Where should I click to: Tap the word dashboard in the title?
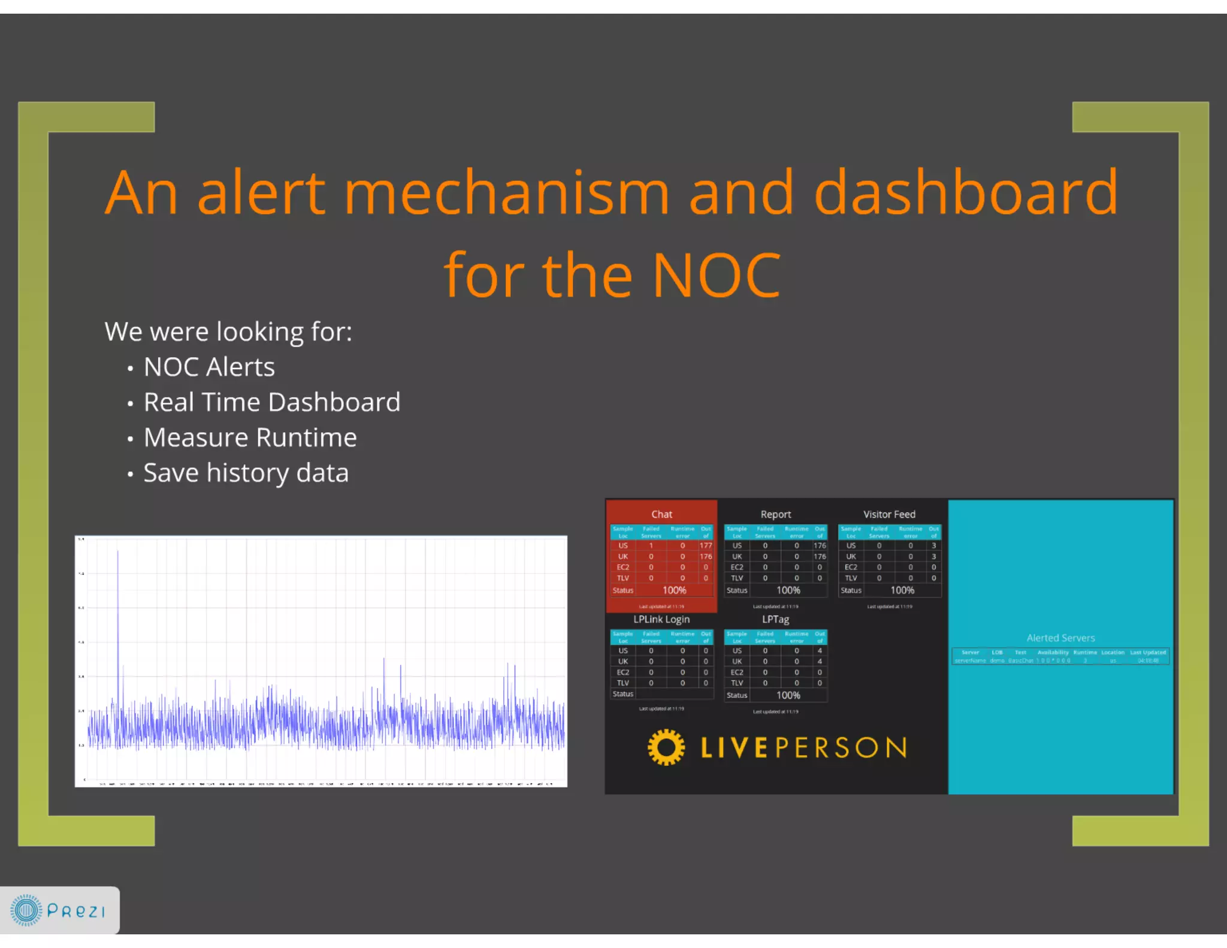(965, 193)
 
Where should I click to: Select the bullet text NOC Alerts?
(209, 367)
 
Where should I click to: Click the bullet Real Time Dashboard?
(271, 402)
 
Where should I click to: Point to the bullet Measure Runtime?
(250, 437)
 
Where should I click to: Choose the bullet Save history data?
(246, 473)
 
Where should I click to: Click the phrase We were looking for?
(228, 331)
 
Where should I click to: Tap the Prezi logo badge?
(59, 910)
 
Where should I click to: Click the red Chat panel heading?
(661, 514)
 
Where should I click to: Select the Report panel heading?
(775, 514)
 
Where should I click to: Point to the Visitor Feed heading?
(889, 514)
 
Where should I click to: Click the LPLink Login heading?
(661, 619)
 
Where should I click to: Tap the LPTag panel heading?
(775, 619)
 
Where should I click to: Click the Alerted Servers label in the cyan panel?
(1060, 638)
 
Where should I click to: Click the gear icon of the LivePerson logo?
(666, 747)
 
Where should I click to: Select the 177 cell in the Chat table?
(706, 545)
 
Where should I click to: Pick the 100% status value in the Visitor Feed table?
(902, 590)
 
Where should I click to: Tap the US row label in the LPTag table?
(737, 651)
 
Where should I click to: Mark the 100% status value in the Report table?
(788, 590)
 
